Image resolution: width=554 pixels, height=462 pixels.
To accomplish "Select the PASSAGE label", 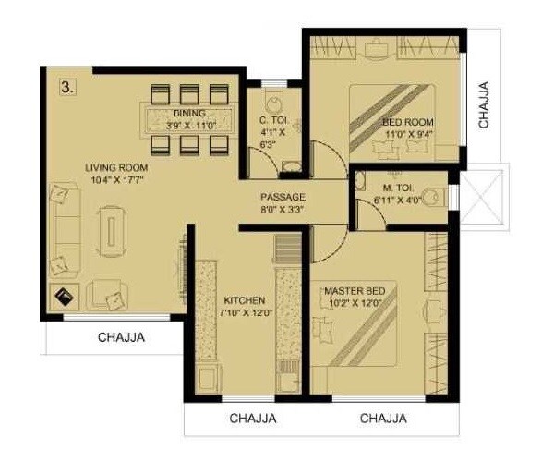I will tap(283, 197).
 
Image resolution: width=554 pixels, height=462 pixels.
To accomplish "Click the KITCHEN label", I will tap(245, 300).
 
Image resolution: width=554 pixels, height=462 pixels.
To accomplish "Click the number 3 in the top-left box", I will tap(67, 87).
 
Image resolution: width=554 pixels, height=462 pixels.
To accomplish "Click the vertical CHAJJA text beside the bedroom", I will tap(483, 103).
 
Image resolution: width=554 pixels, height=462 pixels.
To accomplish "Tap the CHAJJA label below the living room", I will tap(122, 337).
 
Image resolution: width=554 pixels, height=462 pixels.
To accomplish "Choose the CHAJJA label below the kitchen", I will tap(253, 419).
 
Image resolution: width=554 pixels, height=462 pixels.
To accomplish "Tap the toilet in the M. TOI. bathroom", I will tap(435, 197).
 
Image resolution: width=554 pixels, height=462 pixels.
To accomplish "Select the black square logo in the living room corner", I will tap(65, 298).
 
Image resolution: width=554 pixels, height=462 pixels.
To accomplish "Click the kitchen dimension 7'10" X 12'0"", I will tap(245, 313).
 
